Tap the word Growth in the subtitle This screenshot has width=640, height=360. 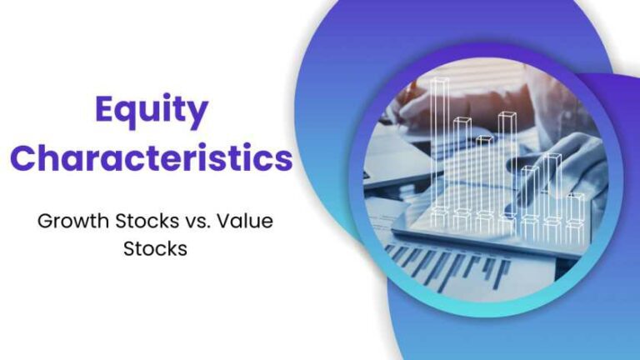tap(69, 222)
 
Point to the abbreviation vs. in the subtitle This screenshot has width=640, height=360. tap(199, 222)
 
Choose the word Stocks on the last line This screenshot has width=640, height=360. tap(156, 249)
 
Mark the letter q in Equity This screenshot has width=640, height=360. tap(132, 115)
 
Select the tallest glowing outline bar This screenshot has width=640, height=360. tap(440, 150)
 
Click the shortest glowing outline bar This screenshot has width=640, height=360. tap(575, 212)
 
